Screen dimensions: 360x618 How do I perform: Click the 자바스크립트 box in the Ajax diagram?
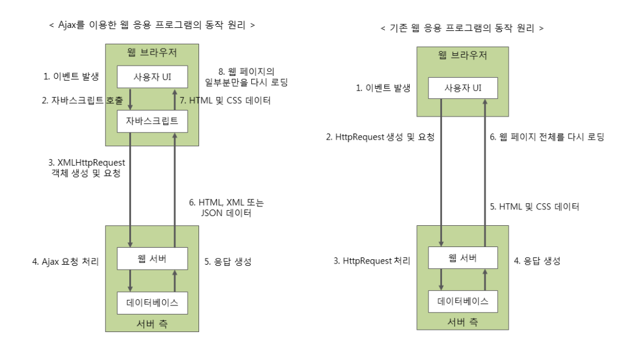[152, 121]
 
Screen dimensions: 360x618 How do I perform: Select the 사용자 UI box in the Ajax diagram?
[152, 77]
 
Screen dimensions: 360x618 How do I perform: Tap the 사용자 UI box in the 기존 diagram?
[463, 88]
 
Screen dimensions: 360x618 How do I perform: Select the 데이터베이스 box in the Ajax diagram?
[152, 302]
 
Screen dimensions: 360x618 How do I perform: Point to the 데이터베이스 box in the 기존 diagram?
[463, 301]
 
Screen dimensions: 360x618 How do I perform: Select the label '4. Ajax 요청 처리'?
[66, 262]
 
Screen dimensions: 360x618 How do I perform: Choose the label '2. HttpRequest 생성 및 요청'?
[380, 137]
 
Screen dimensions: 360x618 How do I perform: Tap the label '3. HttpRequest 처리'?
[372, 261]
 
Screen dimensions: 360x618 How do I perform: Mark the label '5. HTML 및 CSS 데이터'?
[534, 206]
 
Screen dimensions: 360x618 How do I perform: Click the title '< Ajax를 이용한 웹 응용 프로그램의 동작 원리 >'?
[151, 25]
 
